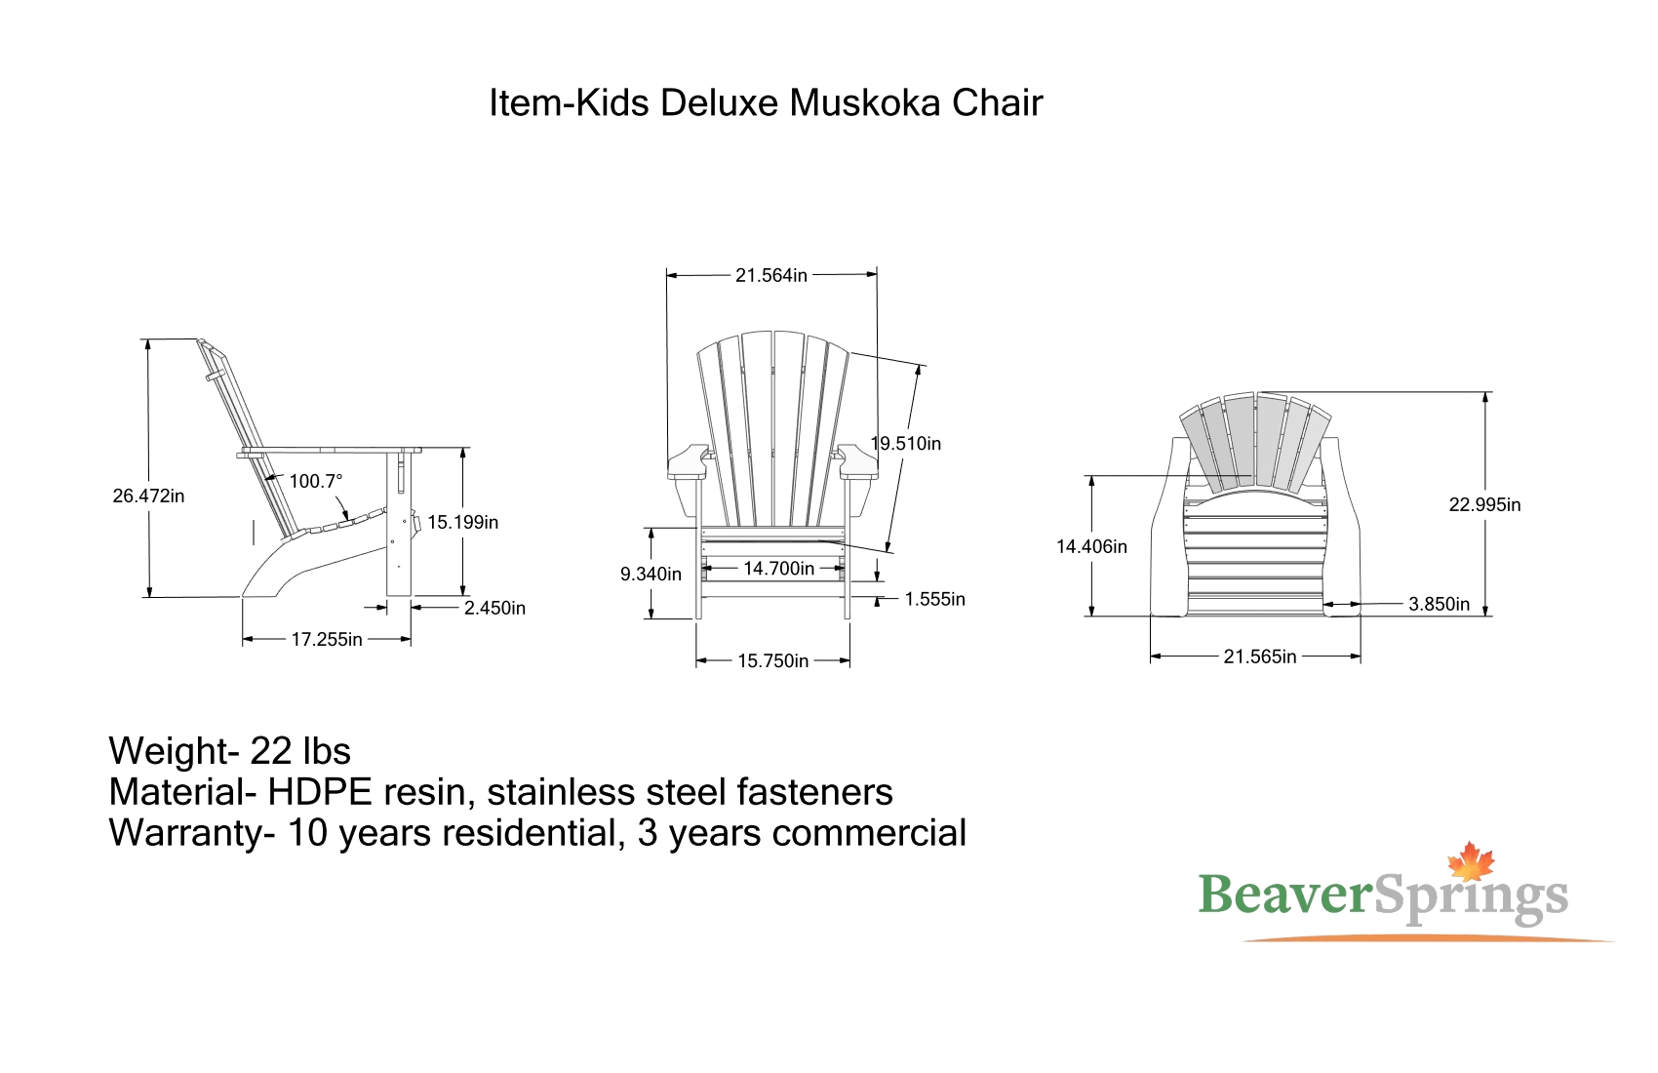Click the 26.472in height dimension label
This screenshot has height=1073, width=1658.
pyautogui.click(x=148, y=497)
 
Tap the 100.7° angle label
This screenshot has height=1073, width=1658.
pyautogui.click(x=316, y=481)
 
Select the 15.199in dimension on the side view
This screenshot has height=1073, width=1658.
pyautogui.click(x=462, y=522)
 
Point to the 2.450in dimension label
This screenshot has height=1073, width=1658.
pyautogui.click(x=494, y=608)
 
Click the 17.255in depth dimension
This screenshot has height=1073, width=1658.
pyautogui.click(x=327, y=639)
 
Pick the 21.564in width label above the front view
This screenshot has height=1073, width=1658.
pyautogui.click(x=771, y=275)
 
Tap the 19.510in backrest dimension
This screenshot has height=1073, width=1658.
pyautogui.click(x=906, y=444)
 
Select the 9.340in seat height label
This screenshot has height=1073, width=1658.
pyautogui.click(x=651, y=574)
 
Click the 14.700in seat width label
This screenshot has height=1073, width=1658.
pyautogui.click(x=778, y=568)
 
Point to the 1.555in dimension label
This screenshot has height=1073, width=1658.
pyautogui.click(x=935, y=599)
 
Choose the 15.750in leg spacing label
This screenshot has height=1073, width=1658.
pyautogui.click(x=772, y=660)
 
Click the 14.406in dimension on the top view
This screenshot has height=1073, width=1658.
pyautogui.click(x=1091, y=546)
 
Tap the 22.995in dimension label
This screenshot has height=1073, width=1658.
pyautogui.click(x=1484, y=504)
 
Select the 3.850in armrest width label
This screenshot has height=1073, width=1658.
pyautogui.click(x=1439, y=604)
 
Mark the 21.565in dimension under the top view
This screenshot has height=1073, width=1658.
pyautogui.click(x=1260, y=656)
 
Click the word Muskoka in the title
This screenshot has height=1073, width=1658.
pyautogui.click(x=864, y=102)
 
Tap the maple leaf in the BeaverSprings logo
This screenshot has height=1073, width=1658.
pyautogui.click(x=1471, y=862)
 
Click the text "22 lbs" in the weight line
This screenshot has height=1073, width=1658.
pyautogui.click(x=299, y=751)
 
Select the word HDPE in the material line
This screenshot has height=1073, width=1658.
pyautogui.click(x=319, y=792)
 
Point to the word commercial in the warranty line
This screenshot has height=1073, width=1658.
pyautogui.click(x=869, y=833)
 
